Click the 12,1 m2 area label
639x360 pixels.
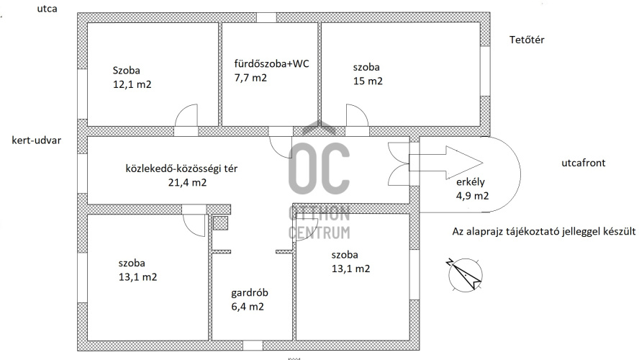tap(132, 84)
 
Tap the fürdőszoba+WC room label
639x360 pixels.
tap(271, 63)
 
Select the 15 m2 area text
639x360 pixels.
tap(368, 81)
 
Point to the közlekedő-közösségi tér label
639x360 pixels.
tap(181, 168)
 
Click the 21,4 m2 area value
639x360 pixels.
tap(188, 182)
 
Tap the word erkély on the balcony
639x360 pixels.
tap(471, 182)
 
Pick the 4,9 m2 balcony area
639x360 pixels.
tap(472, 196)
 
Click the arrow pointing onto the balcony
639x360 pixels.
tap(446, 163)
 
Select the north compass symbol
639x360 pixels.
tap(465, 274)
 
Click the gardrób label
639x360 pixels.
tap(250, 293)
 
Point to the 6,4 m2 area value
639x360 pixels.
tap(248, 307)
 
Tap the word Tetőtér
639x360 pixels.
tap(527, 40)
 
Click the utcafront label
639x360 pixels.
tap(583, 163)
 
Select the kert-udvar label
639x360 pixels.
tap(36, 140)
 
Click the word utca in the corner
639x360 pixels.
tap(47, 9)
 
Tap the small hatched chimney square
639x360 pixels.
tap(220, 223)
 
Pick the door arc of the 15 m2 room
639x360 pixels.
tap(358, 111)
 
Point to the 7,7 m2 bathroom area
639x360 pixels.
tap(250, 78)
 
